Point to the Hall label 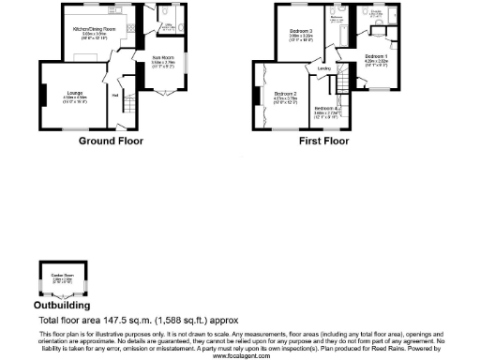[x=115, y=95]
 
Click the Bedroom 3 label [x=300, y=32]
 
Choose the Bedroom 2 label [x=286, y=93]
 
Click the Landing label [x=324, y=69]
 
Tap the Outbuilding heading [x=62, y=306]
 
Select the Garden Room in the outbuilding [x=62, y=277]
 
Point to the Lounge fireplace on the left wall [x=42, y=95]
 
